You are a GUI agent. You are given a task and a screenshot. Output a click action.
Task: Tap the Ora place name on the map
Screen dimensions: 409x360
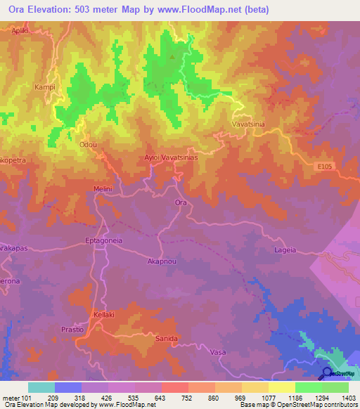(x=180, y=202)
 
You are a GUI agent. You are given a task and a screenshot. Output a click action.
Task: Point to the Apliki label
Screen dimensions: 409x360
(x=22, y=32)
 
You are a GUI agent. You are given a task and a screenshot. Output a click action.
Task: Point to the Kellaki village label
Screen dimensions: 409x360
(x=104, y=315)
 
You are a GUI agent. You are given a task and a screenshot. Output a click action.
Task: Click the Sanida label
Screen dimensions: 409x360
(x=165, y=337)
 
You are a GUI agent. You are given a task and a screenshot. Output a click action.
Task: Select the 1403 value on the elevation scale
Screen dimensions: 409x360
(x=349, y=398)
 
